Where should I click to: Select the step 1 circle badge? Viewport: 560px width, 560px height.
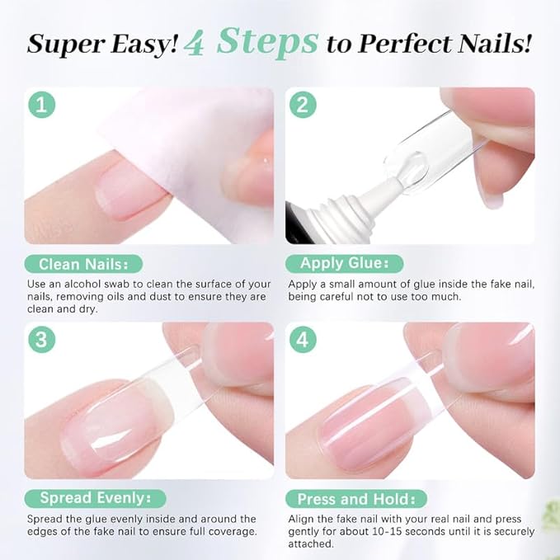(42, 106)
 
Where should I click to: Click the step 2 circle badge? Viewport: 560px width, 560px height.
(303, 106)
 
